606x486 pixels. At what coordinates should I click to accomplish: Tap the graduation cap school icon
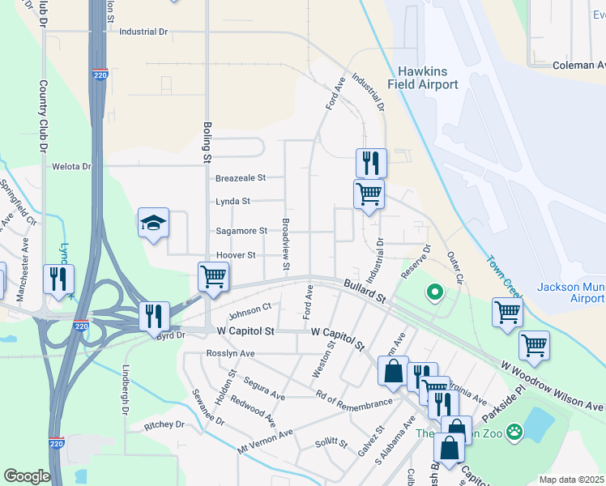click(152, 223)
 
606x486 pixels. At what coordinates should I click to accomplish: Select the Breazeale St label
click(241, 177)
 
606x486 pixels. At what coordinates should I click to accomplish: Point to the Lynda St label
click(233, 201)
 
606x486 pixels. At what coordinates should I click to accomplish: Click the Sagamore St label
click(241, 231)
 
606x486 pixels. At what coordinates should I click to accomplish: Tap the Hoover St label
click(235, 255)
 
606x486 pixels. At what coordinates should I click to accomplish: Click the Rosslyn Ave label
click(230, 353)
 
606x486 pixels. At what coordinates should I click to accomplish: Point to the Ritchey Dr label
click(164, 424)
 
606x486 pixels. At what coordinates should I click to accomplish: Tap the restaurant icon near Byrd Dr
click(154, 315)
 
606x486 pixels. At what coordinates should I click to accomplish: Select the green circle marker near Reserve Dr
click(434, 292)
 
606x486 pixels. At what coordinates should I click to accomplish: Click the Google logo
click(27, 475)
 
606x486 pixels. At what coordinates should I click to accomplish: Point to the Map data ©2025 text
click(571, 480)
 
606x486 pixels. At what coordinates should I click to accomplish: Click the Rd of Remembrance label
click(355, 399)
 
